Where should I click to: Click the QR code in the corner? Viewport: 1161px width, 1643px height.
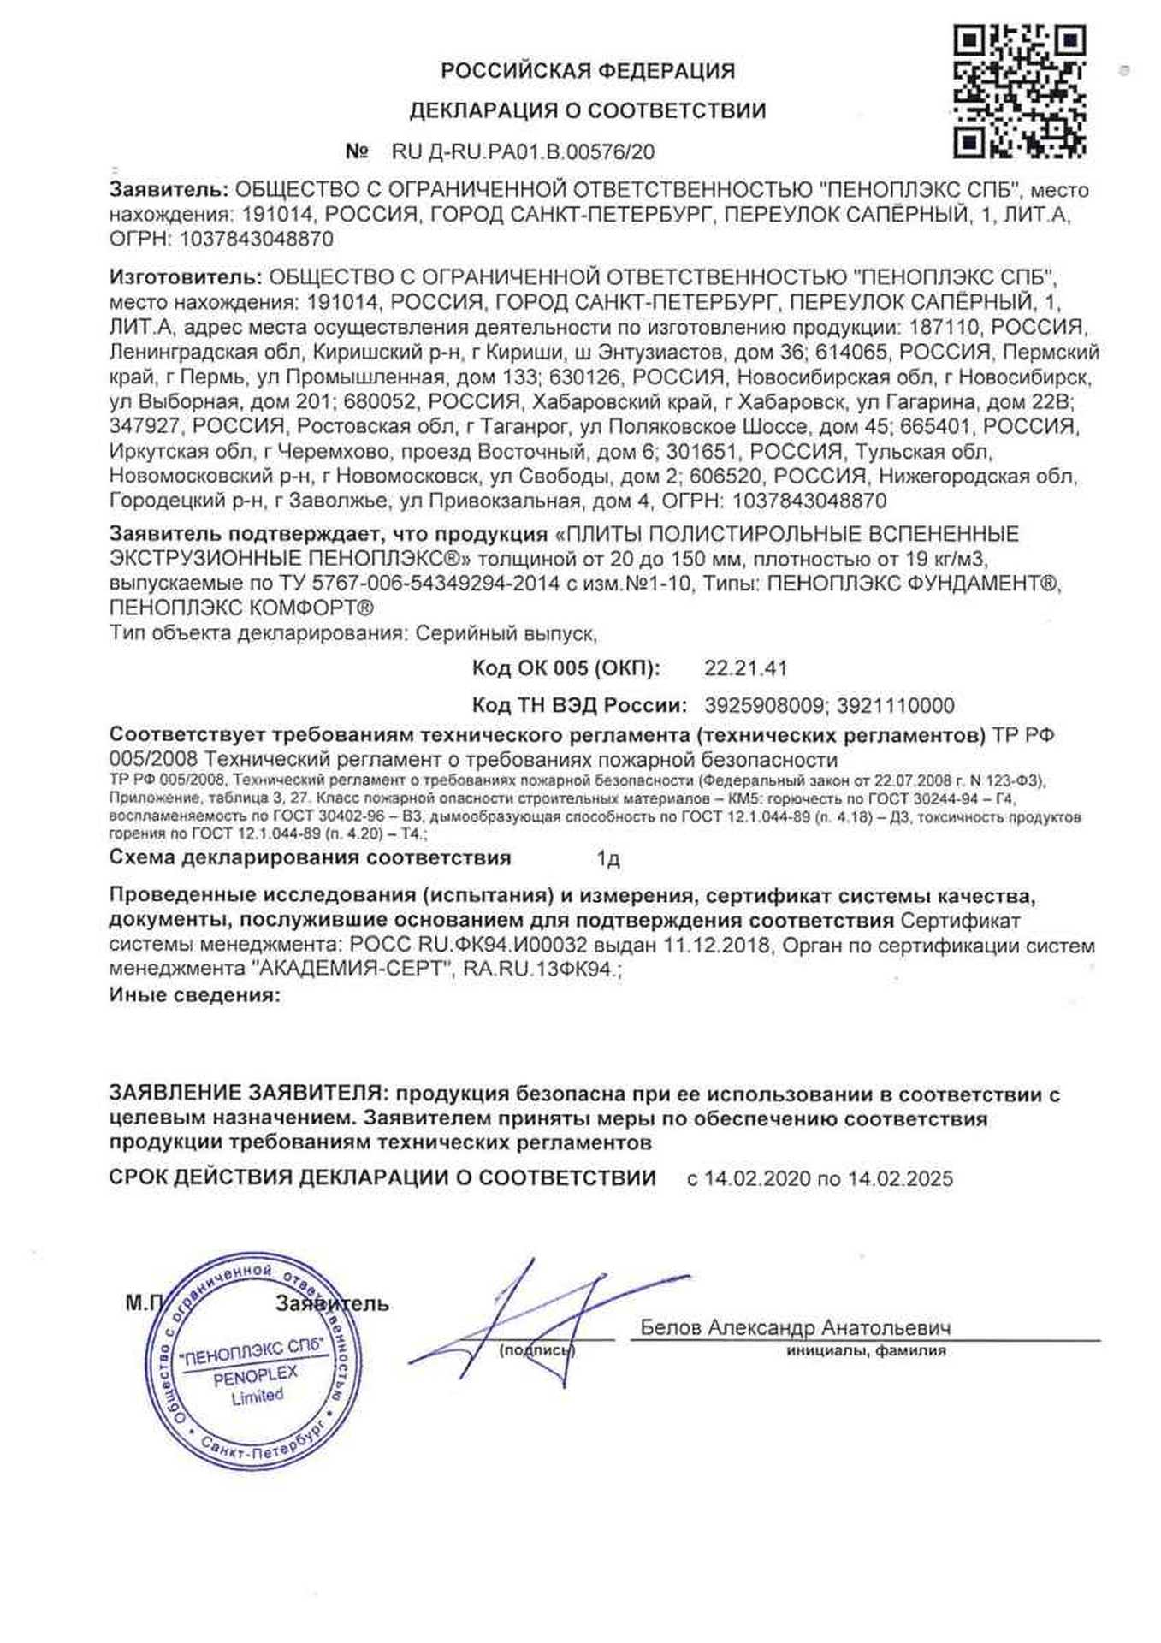click(1019, 92)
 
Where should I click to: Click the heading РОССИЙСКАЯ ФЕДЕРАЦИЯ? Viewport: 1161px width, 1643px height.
click(588, 71)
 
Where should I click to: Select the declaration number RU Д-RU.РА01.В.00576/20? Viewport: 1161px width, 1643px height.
click(523, 152)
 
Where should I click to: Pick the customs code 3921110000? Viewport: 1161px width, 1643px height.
click(895, 706)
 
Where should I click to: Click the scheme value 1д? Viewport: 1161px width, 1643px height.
click(607, 858)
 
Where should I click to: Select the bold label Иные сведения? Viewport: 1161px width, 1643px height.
click(194, 995)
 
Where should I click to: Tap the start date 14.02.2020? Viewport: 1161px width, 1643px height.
click(757, 1178)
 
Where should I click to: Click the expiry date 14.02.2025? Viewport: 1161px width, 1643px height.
click(900, 1178)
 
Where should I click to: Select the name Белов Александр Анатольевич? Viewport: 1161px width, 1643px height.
click(796, 1327)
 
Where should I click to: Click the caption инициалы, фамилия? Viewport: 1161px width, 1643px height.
click(866, 1351)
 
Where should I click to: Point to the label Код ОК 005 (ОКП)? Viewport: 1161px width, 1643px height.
click(566, 668)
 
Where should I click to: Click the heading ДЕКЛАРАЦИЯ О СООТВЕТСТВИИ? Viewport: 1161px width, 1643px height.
click(588, 111)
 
